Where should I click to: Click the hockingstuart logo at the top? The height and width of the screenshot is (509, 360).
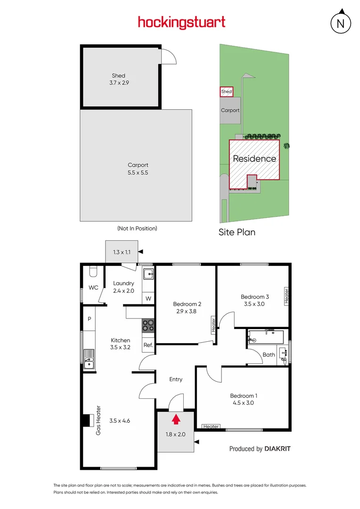point(181,22)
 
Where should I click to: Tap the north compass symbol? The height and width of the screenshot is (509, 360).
point(341,23)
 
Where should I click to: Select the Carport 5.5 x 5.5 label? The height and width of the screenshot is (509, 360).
point(138,169)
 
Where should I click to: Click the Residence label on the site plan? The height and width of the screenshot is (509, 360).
point(254,159)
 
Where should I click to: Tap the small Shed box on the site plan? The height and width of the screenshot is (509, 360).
point(227,91)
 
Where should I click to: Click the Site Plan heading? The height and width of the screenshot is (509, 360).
point(237,232)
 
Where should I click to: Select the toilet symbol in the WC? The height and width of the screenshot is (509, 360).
point(93,272)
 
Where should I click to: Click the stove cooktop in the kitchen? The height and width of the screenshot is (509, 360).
point(148,325)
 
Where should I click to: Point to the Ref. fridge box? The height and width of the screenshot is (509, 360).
point(148,345)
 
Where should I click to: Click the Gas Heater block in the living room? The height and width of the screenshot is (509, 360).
point(87,420)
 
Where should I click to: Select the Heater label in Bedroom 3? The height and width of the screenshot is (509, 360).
point(286,296)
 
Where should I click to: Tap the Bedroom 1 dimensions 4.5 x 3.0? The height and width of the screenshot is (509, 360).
point(244,403)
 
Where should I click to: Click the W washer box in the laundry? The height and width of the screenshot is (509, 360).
point(148,298)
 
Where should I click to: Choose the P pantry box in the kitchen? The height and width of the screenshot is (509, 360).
point(89,319)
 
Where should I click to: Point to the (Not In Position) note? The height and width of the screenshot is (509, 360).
point(137,228)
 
